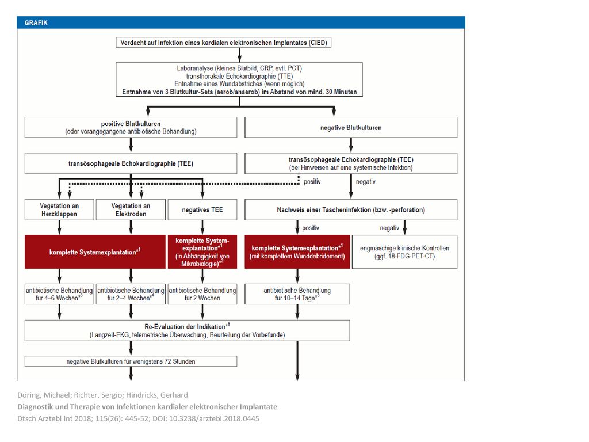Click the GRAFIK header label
tap(36, 23)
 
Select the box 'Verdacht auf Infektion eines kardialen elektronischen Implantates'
tap(224, 43)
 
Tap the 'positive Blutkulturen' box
tap(131, 127)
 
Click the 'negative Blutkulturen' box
tap(351, 127)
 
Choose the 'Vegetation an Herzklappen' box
tap(59, 209)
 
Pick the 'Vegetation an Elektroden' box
tap(131, 209)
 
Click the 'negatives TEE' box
tap(202, 209)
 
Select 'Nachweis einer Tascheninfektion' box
tap(351, 209)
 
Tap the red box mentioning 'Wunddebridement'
tap(297, 252)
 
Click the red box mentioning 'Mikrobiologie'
tap(202, 252)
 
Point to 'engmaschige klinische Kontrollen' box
tap(404, 252)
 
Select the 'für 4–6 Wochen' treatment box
tap(59, 294)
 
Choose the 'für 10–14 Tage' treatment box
tap(297, 294)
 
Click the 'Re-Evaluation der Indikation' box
tap(188, 331)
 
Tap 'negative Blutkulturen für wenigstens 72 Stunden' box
tap(131, 361)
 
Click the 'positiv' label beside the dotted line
tap(312, 182)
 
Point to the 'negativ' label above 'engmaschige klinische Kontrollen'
tap(389, 228)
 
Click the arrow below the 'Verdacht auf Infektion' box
tap(239, 55)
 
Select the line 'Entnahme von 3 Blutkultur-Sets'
tap(239, 92)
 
